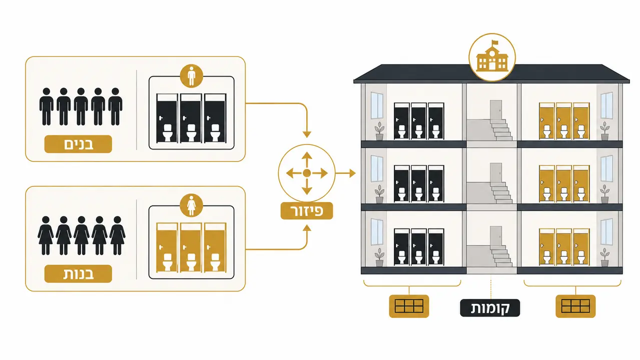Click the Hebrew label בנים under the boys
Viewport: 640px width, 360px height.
tap(78, 144)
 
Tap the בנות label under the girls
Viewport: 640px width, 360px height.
tap(78, 274)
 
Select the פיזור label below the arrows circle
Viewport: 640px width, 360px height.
tap(307, 211)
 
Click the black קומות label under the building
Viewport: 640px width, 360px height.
tap(490, 308)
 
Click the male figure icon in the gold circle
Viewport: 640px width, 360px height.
tap(192, 76)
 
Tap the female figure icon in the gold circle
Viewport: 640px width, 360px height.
tap(192, 205)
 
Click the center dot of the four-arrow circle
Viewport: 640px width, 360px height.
tap(307, 173)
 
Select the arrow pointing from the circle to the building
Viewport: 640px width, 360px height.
tap(345, 173)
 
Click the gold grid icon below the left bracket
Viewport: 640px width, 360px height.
tap(409, 306)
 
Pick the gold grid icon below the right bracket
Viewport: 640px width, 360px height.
tap(575, 306)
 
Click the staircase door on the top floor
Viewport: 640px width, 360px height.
tap(496, 110)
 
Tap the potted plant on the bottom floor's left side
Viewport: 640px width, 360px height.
tap(379, 257)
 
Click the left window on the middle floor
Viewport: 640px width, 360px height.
tap(377, 168)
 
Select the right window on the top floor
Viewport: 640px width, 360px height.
tap(606, 105)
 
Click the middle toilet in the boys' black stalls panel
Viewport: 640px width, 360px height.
tap(191, 133)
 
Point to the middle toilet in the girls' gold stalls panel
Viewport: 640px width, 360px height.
tap(191, 262)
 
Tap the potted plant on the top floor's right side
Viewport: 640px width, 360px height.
tap(605, 131)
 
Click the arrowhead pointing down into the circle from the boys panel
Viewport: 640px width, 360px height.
tap(307, 134)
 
